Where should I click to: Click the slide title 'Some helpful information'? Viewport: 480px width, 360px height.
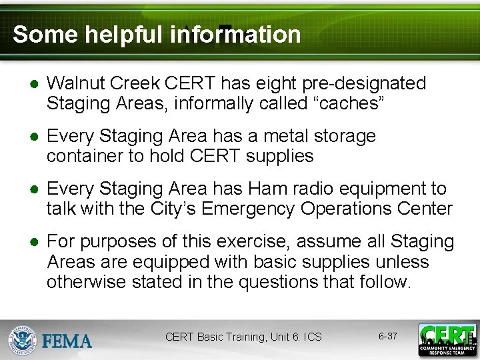pyautogui.click(x=157, y=34)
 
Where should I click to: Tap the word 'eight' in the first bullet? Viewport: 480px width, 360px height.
pyautogui.click(x=275, y=83)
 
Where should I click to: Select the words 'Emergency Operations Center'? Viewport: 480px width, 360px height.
pyautogui.click(x=327, y=209)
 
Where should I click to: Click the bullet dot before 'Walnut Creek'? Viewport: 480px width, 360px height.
pyautogui.click(x=32, y=84)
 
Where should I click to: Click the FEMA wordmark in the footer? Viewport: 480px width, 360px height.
pyautogui.click(x=67, y=341)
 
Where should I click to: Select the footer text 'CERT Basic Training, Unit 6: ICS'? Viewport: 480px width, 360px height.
pyautogui.click(x=243, y=337)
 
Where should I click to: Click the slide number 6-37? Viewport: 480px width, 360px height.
pyautogui.click(x=388, y=336)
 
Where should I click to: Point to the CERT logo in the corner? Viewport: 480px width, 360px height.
pyautogui.click(x=447, y=339)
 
